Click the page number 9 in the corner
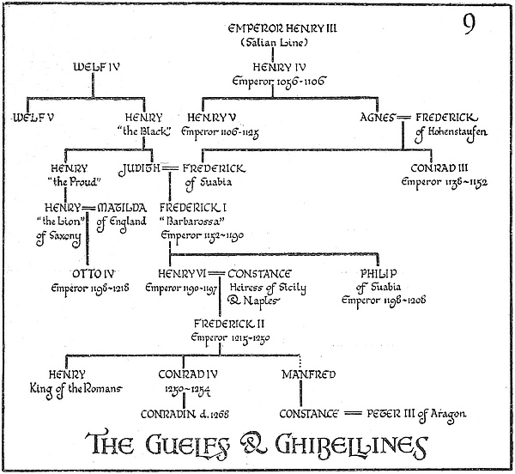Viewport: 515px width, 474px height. [470, 25]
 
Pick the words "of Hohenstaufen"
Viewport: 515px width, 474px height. [452, 131]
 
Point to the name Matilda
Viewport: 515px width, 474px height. [121, 208]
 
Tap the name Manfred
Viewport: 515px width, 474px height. [307, 374]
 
